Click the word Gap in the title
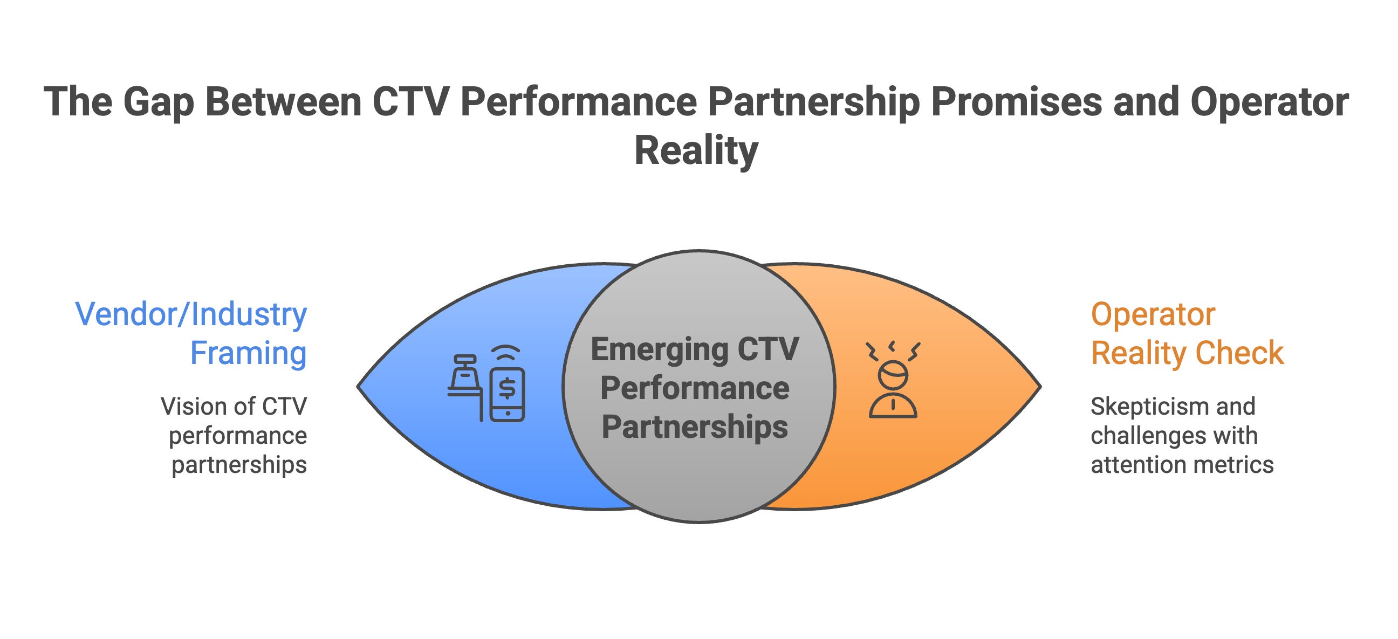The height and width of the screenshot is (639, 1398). [x=158, y=102]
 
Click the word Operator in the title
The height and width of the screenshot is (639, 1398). [x=1270, y=102]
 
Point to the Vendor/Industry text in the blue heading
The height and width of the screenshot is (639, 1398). [x=191, y=314]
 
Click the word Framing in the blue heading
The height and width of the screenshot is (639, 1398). [x=248, y=353]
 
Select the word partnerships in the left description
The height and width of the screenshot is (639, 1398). [x=239, y=465]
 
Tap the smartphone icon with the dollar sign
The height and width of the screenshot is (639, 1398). [x=507, y=394]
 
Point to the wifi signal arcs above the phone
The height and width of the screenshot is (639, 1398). [x=506, y=353]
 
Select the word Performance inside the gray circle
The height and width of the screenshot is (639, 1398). [x=695, y=388]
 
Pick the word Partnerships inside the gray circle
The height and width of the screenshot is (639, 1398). [x=695, y=427]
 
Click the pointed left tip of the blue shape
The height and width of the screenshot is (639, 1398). [x=359, y=386]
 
